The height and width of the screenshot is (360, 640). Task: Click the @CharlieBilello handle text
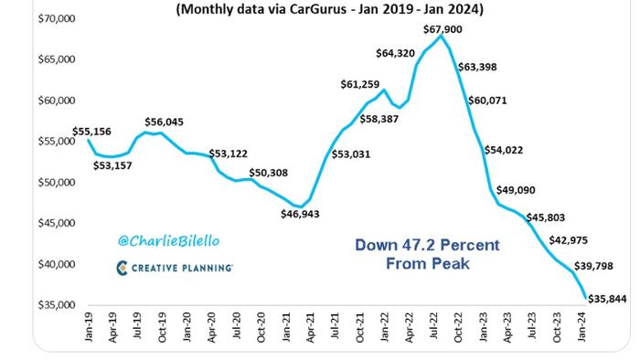[x=168, y=241]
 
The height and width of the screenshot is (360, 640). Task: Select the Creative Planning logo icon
[x=123, y=268]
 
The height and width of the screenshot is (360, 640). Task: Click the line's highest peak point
[x=442, y=37]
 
